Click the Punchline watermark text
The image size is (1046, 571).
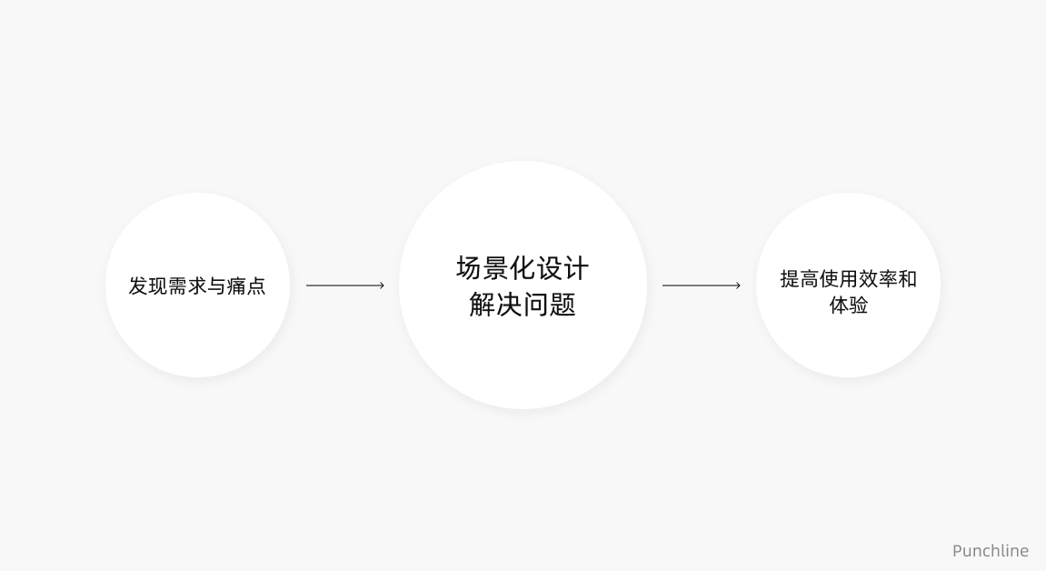point(990,550)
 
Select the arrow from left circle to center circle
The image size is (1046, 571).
point(344,285)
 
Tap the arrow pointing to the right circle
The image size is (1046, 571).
point(701,285)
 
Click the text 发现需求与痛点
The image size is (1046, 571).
point(197,285)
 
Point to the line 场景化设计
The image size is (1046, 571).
point(523,268)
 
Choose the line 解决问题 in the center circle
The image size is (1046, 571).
point(523,304)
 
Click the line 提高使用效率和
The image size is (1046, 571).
point(848,278)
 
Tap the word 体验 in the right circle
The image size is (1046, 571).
point(848,305)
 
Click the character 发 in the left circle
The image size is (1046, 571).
point(138,285)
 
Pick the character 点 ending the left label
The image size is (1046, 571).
point(256,285)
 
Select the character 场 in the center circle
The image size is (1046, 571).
point(469,268)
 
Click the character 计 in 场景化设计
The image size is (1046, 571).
point(576,268)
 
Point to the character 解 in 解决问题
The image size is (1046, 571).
point(483,304)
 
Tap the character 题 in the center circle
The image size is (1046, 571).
point(563,304)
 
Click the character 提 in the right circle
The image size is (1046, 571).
point(790,278)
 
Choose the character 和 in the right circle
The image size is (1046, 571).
point(907,278)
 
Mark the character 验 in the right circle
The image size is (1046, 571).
point(858,305)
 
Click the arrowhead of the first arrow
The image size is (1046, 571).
point(382,285)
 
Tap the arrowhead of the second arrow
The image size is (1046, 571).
point(738,285)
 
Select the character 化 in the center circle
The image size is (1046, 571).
point(523,268)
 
